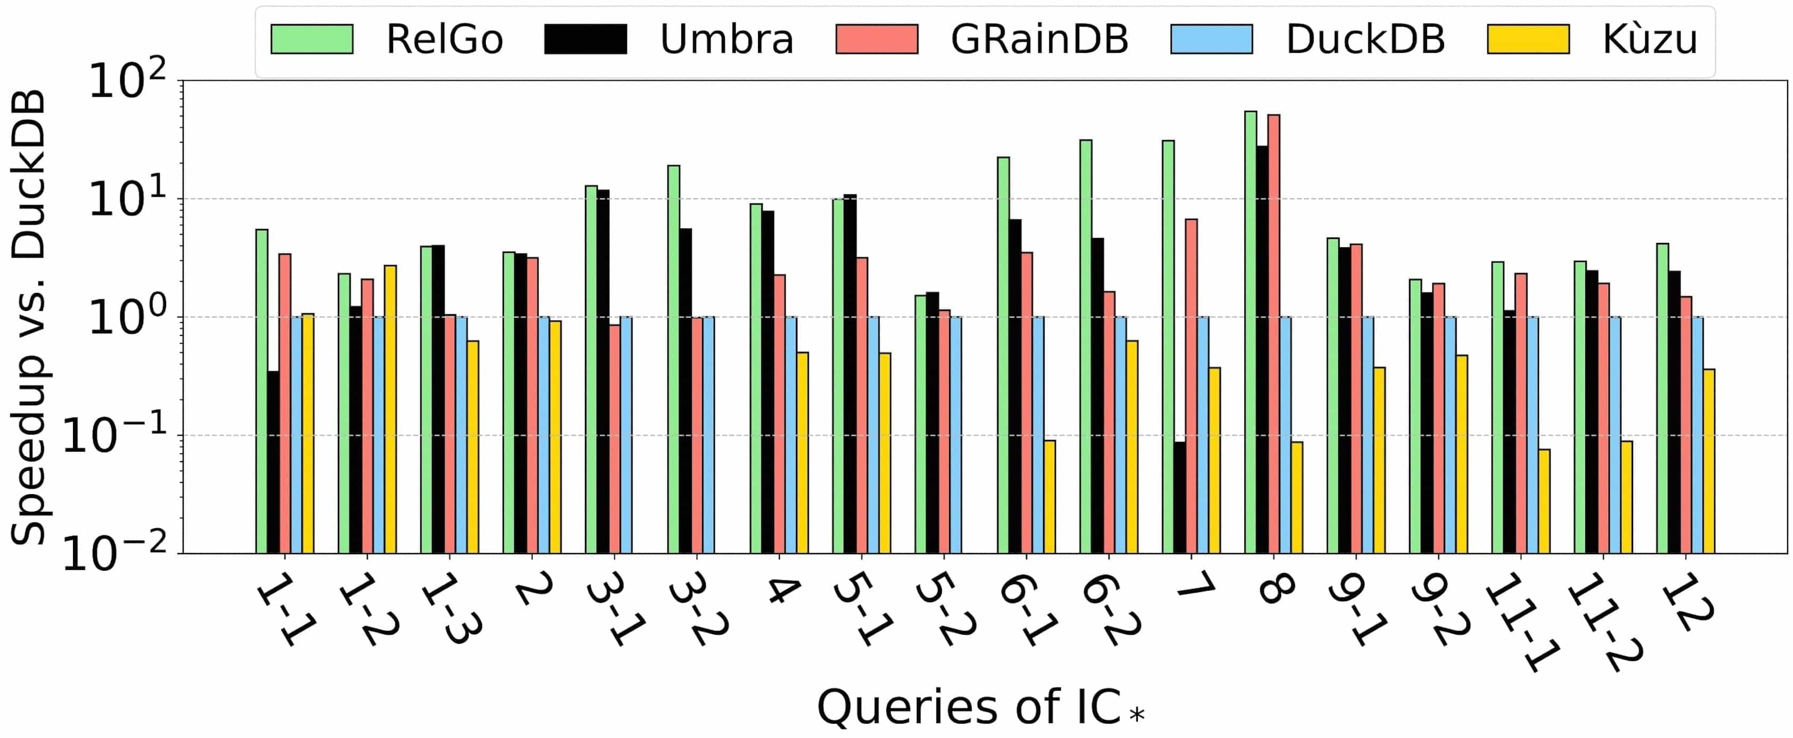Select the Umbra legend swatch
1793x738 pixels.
point(585,39)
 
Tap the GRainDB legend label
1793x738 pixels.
point(1039,39)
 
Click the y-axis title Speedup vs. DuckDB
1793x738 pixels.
point(29,316)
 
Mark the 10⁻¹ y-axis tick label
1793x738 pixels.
point(116,437)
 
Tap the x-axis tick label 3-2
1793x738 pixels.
point(698,609)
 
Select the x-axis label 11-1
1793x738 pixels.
point(1521,622)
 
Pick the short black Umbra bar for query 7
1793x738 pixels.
point(1179,497)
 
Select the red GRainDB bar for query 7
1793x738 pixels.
point(1191,386)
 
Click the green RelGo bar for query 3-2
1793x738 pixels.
point(674,359)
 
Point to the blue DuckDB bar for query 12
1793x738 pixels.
point(1698,434)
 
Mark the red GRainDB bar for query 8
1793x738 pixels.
point(1274,334)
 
